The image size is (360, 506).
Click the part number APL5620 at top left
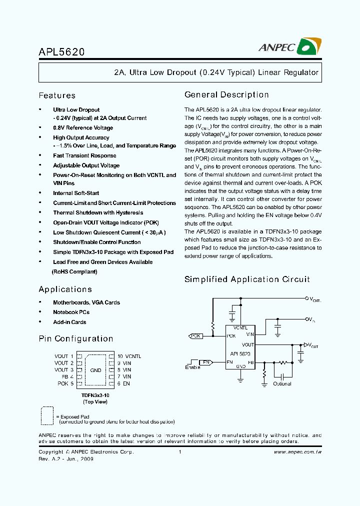coord(61,51)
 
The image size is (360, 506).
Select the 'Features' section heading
coord(57,95)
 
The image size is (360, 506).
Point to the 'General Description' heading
coord(226,94)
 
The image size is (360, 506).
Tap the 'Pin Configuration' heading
coord(76,338)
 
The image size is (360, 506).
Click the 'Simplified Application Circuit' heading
coord(247,279)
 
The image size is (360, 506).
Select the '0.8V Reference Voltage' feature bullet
coord(83,128)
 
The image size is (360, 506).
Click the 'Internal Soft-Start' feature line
coord(76,193)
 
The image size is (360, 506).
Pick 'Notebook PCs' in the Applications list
coord(71,312)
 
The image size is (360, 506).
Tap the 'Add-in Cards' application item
coord(69,322)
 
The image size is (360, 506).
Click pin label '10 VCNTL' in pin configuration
coord(129,356)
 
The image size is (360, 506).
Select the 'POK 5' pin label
coord(65,383)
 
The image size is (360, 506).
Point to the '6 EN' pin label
coord(123,383)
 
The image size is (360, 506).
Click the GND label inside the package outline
coord(95,370)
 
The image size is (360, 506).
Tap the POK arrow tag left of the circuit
coord(195,336)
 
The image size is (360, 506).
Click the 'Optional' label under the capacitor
coord(282,383)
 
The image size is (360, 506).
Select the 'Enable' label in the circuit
coord(192,367)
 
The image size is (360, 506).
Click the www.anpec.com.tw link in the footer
coord(298,452)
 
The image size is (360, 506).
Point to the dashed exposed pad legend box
coord(46,415)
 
